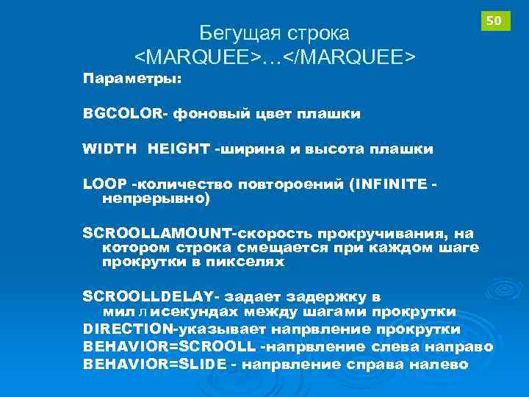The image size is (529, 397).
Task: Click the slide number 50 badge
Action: click(494, 21)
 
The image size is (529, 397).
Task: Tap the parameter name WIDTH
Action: click(109, 149)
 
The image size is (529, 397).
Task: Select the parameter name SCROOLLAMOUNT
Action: click(157, 233)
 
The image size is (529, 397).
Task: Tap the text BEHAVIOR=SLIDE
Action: click(154, 364)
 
